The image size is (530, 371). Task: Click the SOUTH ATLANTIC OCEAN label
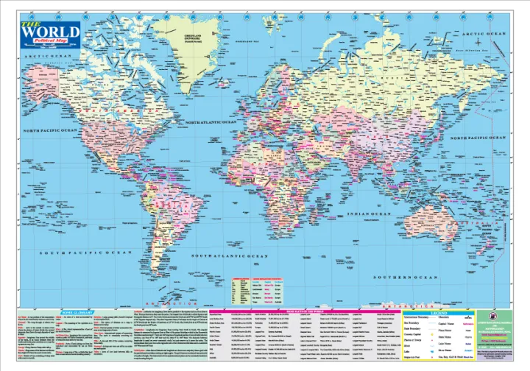click(230, 255)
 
